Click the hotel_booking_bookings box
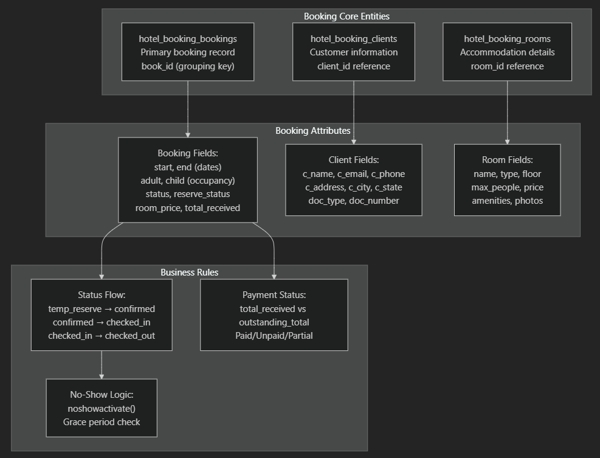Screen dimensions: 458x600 [x=188, y=52]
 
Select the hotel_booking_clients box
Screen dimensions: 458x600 [x=354, y=52]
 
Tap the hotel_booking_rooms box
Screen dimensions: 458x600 [x=507, y=52]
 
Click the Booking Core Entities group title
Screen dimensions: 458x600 [x=347, y=16]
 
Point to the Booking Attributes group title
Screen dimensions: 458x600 [x=312, y=131]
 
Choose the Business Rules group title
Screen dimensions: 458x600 [x=189, y=272]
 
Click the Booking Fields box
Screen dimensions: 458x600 [x=188, y=179]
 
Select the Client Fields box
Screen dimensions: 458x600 [x=354, y=180]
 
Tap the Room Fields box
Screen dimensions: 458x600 [x=507, y=180]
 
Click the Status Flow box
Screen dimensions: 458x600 [x=102, y=315]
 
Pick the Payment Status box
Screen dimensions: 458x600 [x=274, y=315]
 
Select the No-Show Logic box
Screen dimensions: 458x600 [x=102, y=408]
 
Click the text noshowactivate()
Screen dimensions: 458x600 [x=102, y=408]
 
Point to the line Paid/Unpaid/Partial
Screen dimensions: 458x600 [x=274, y=336]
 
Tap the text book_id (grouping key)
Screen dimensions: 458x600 [x=188, y=66]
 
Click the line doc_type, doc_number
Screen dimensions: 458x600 [x=354, y=201]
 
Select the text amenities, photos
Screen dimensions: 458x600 [x=507, y=201]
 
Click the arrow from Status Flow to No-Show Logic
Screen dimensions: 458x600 [x=102, y=365]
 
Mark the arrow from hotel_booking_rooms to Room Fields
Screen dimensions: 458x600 [x=507, y=113]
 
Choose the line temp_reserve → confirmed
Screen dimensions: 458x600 [x=102, y=309]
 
